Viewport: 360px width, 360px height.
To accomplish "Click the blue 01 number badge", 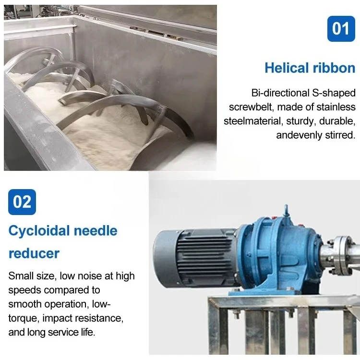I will click(x=341, y=29).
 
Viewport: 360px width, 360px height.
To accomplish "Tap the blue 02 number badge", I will click(x=22, y=202).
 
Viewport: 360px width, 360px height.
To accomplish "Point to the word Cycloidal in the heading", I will click(x=39, y=231).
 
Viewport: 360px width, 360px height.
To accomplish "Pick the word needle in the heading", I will click(x=95, y=231).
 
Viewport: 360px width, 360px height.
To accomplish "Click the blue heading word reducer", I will click(x=34, y=253).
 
